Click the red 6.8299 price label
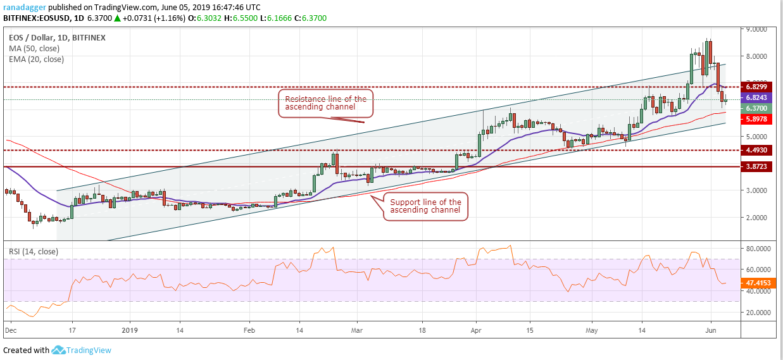click(756, 87)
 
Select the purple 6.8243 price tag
click(756, 98)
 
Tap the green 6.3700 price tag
click(756, 108)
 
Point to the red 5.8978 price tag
click(756, 118)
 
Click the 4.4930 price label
click(756, 150)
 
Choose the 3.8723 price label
click(756, 166)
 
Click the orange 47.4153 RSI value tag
click(756, 283)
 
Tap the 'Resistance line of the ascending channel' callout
click(325, 103)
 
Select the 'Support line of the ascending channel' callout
click(425, 206)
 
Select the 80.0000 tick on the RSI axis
click(757, 249)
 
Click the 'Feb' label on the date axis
click(249, 330)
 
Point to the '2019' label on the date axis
click(130, 330)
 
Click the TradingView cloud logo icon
click(59, 350)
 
